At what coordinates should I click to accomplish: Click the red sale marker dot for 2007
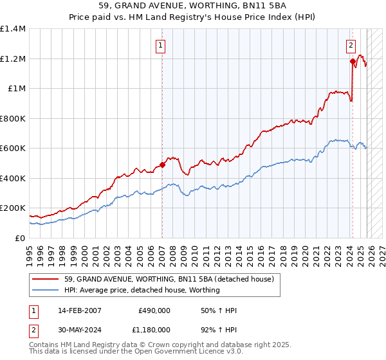[x=162, y=165]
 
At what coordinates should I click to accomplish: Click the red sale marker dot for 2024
[x=353, y=62]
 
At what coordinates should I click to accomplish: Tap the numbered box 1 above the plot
[x=160, y=45]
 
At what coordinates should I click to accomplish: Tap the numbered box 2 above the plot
[x=351, y=45]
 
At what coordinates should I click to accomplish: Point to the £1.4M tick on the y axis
[x=13, y=29]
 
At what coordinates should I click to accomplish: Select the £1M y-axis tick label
[x=16, y=89]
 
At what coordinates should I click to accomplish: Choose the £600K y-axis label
[x=13, y=148]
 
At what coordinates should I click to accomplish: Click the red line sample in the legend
[x=46, y=279]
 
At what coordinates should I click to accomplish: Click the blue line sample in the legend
[x=46, y=290]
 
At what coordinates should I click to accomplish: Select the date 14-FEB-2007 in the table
[x=73, y=310]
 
